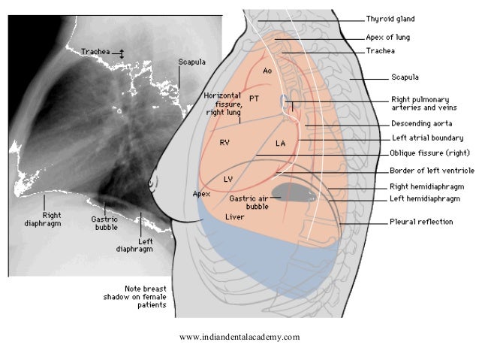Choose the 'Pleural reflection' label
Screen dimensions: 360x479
pyautogui.click(x=420, y=222)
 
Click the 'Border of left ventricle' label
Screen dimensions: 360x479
pyautogui.click(x=429, y=171)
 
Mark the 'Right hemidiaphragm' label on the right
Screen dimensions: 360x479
pyautogui.click(x=426, y=186)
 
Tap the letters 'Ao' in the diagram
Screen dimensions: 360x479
pyautogui.click(x=267, y=71)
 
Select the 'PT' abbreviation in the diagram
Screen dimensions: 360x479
pyautogui.click(x=255, y=98)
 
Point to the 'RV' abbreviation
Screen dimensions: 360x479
pyautogui.click(x=224, y=141)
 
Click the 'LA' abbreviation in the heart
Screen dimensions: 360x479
pyautogui.click(x=281, y=142)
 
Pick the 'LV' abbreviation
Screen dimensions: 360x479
pyautogui.click(x=229, y=179)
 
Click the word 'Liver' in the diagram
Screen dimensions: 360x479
pyautogui.click(x=234, y=216)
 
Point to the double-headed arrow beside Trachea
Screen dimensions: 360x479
pyautogui.click(x=118, y=53)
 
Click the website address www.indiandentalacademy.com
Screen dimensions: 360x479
pyautogui.click(x=239, y=337)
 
